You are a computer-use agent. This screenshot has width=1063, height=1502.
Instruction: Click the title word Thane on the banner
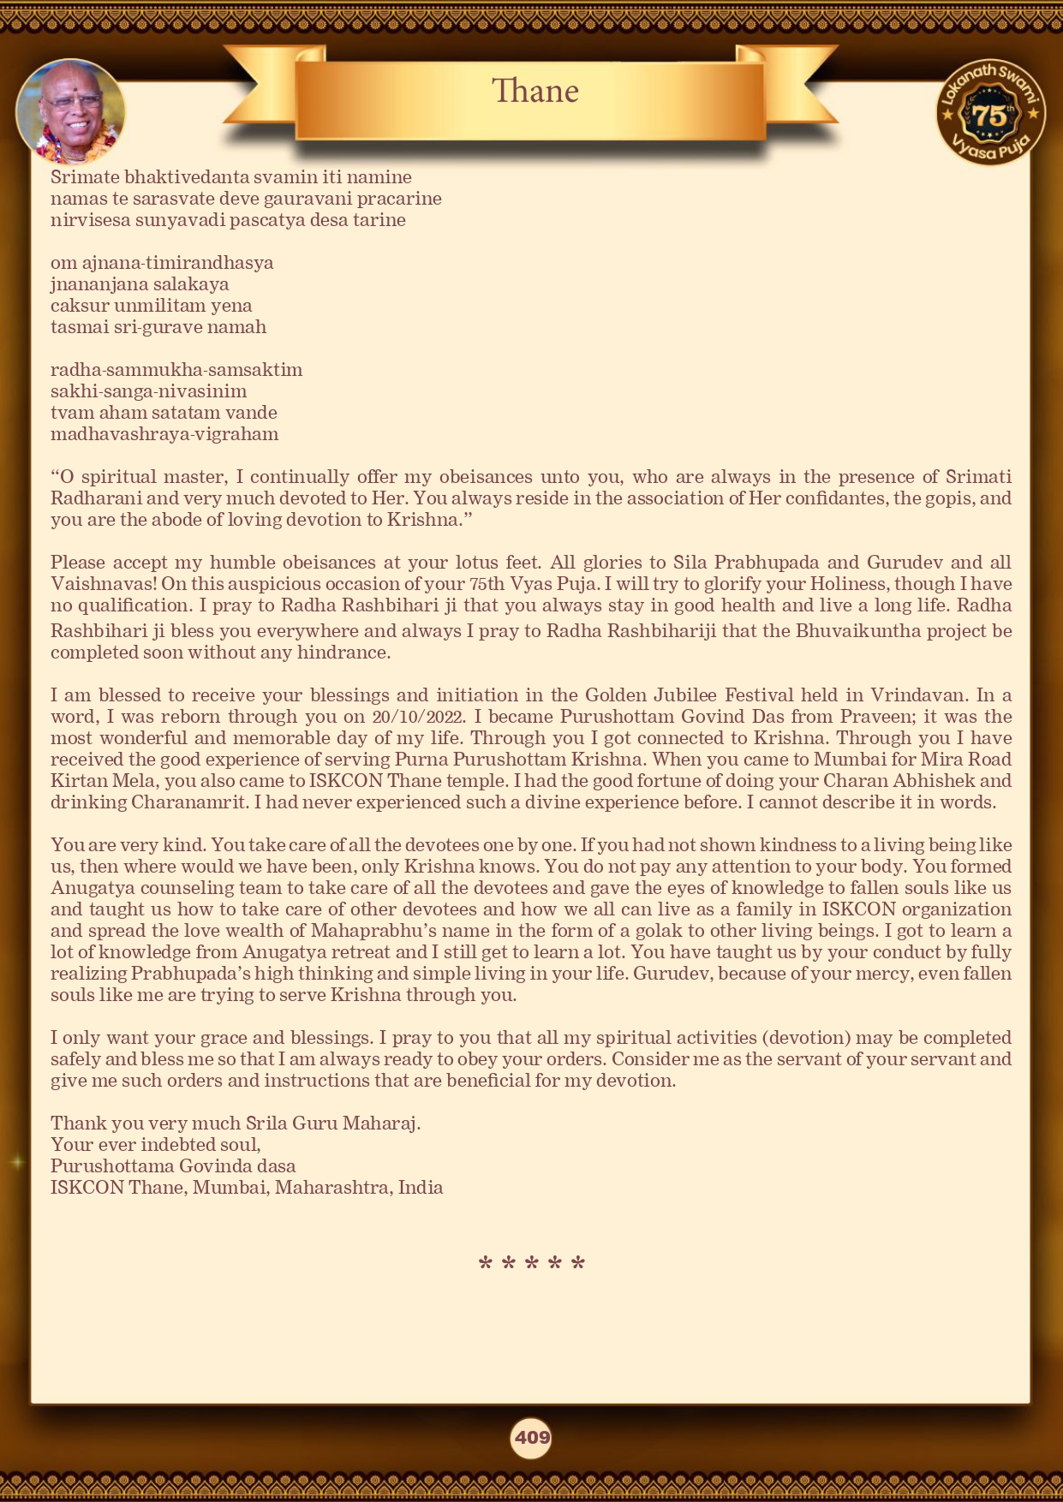point(535,91)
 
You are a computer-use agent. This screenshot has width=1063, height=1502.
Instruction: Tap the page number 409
point(532,1437)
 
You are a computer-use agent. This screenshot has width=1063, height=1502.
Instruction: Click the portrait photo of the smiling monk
point(71,112)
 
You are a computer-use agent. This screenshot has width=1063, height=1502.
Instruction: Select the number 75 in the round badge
point(989,116)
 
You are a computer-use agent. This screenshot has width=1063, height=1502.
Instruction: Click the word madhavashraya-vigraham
point(164,434)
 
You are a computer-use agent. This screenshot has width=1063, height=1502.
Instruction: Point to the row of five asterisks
point(531,1264)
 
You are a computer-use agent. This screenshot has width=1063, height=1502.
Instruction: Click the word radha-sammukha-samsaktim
point(176,370)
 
